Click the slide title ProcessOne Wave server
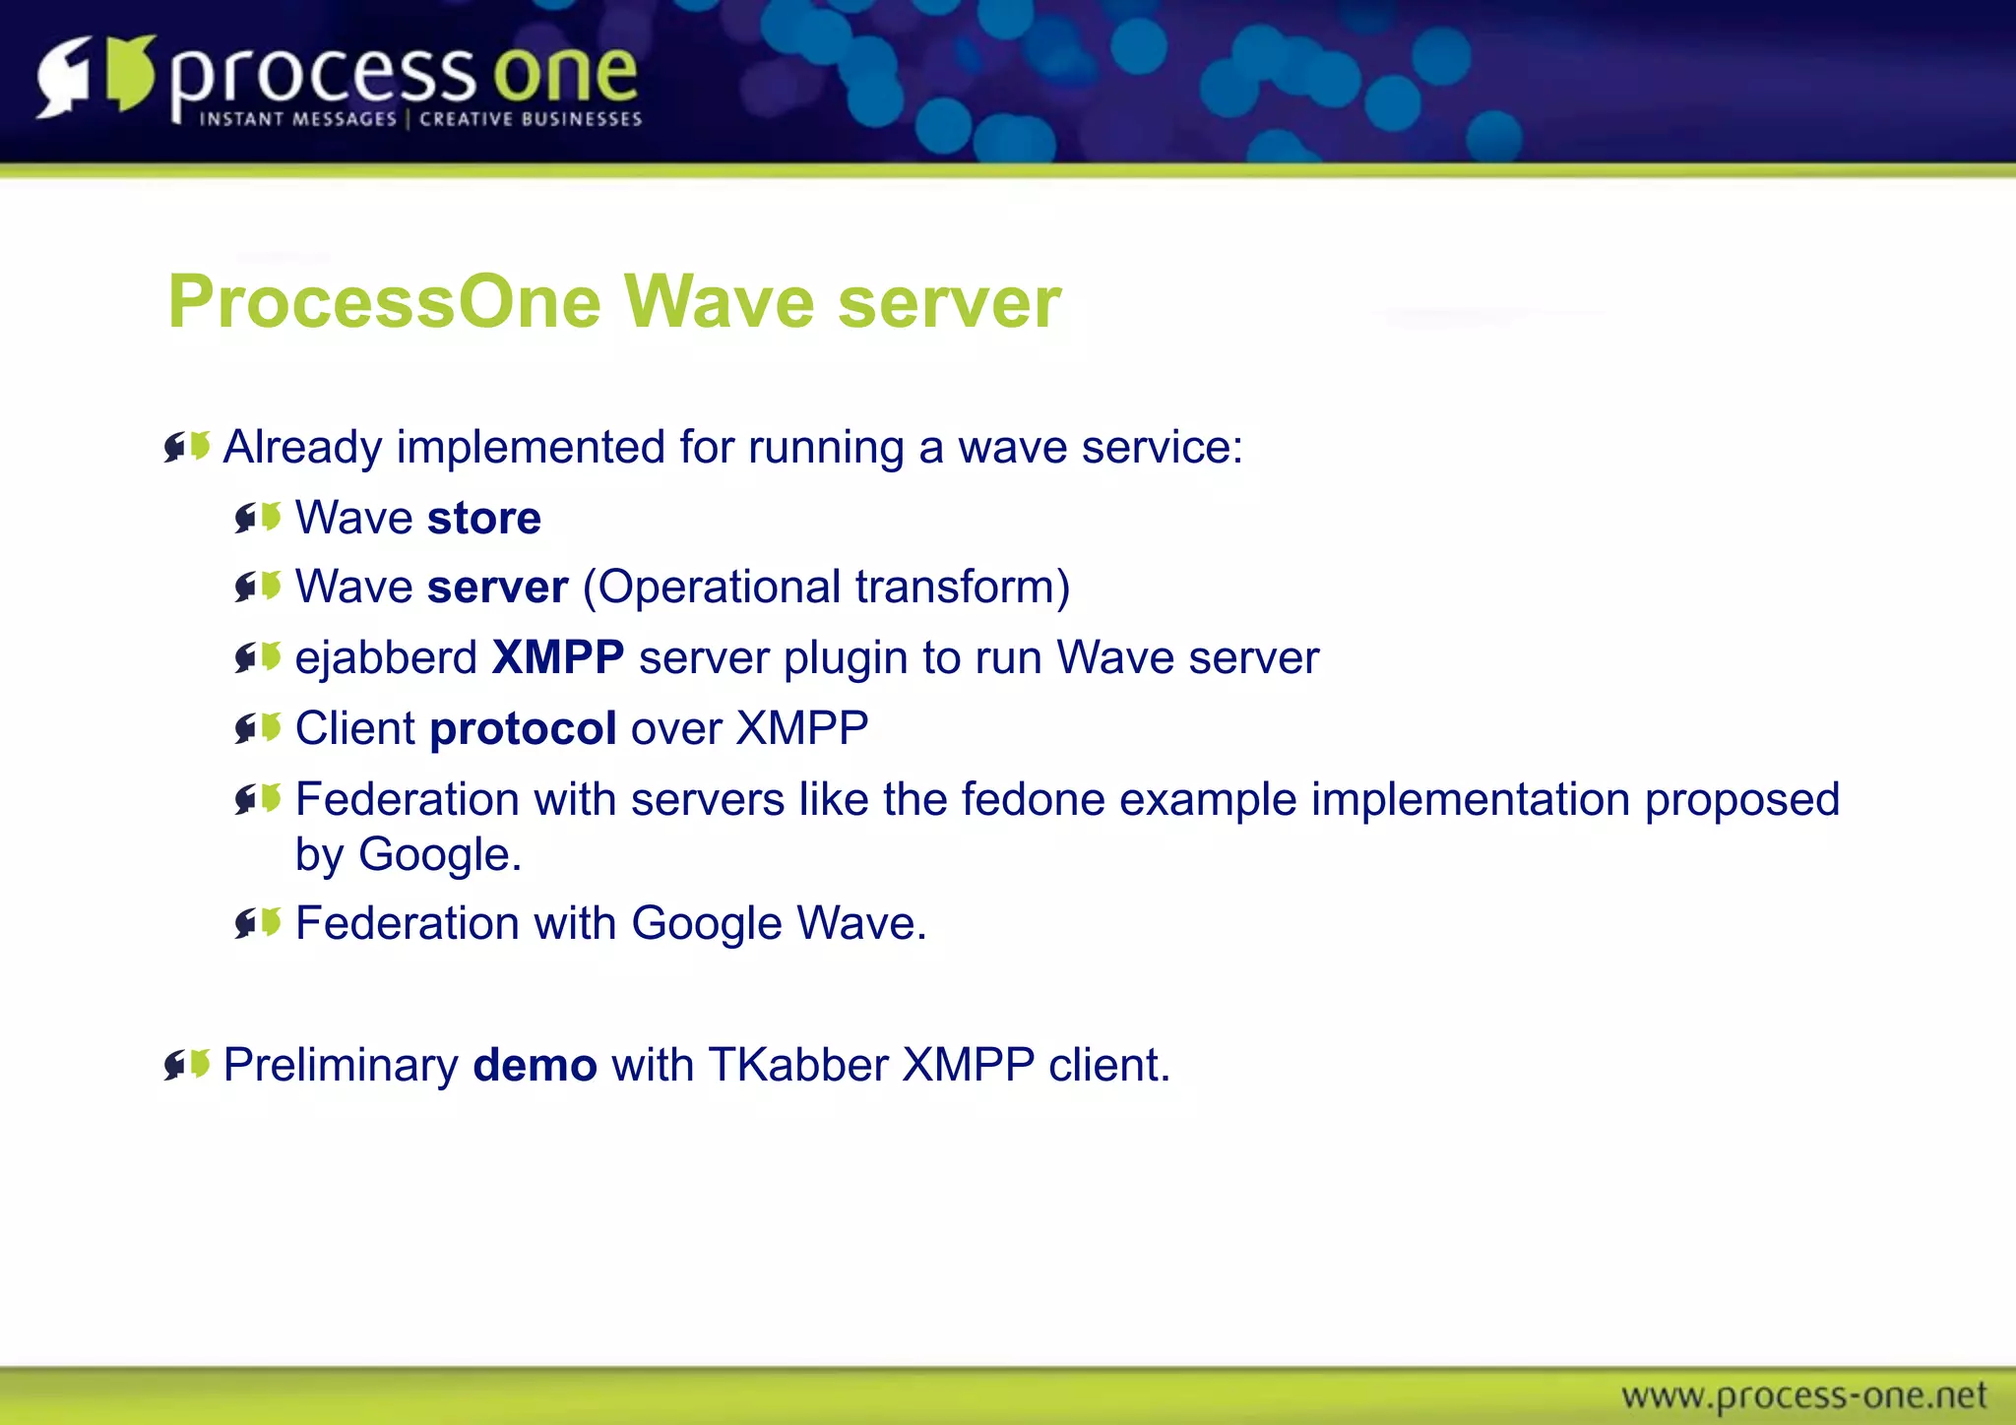pos(614,302)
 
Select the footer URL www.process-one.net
pos(1803,1395)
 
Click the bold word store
pos(484,519)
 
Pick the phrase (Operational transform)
pos(826,588)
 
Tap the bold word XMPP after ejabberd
pos(558,657)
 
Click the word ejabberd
pos(386,658)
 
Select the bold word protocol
pos(523,729)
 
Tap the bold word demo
pos(535,1066)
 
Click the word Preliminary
pos(341,1066)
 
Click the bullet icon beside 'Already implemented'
pos(187,448)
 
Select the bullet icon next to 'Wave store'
pos(259,518)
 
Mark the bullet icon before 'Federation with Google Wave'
pos(259,923)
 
